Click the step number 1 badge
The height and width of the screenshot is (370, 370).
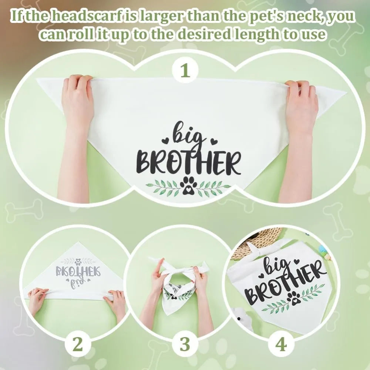(185, 70)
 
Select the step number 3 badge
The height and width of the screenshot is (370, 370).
(185, 344)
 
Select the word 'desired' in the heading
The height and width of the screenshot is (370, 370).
(204, 35)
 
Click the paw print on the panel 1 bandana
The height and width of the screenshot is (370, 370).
(188, 186)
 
